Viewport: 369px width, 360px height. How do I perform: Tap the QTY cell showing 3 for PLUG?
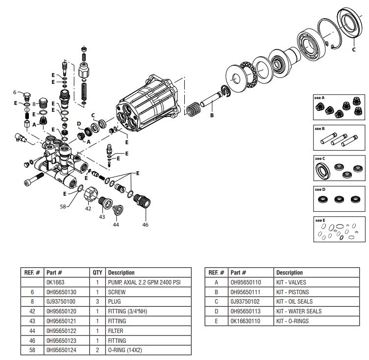click(x=97, y=302)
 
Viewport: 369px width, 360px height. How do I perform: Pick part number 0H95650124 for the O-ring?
click(x=61, y=350)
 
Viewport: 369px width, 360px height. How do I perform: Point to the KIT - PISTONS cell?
click(x=292, y=292)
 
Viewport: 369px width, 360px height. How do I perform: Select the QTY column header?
click(x=97, y=273)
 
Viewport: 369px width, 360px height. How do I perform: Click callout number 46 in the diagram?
click(x=145, y=225)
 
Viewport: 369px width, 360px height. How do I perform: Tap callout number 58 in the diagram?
click(x=63, y=207)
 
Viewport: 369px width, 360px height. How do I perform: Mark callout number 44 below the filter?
click(x=116, y=225)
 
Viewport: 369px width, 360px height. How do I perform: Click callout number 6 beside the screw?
click(x=15, y=92)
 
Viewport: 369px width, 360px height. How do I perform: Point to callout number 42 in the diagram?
click(x=88, y=208)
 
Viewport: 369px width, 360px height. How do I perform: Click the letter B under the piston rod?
click(x=212, y=116)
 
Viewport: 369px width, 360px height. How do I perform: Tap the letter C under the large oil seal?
click(x=354, y=49)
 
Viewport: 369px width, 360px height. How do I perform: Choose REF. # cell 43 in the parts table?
click(x=33, y=321)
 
